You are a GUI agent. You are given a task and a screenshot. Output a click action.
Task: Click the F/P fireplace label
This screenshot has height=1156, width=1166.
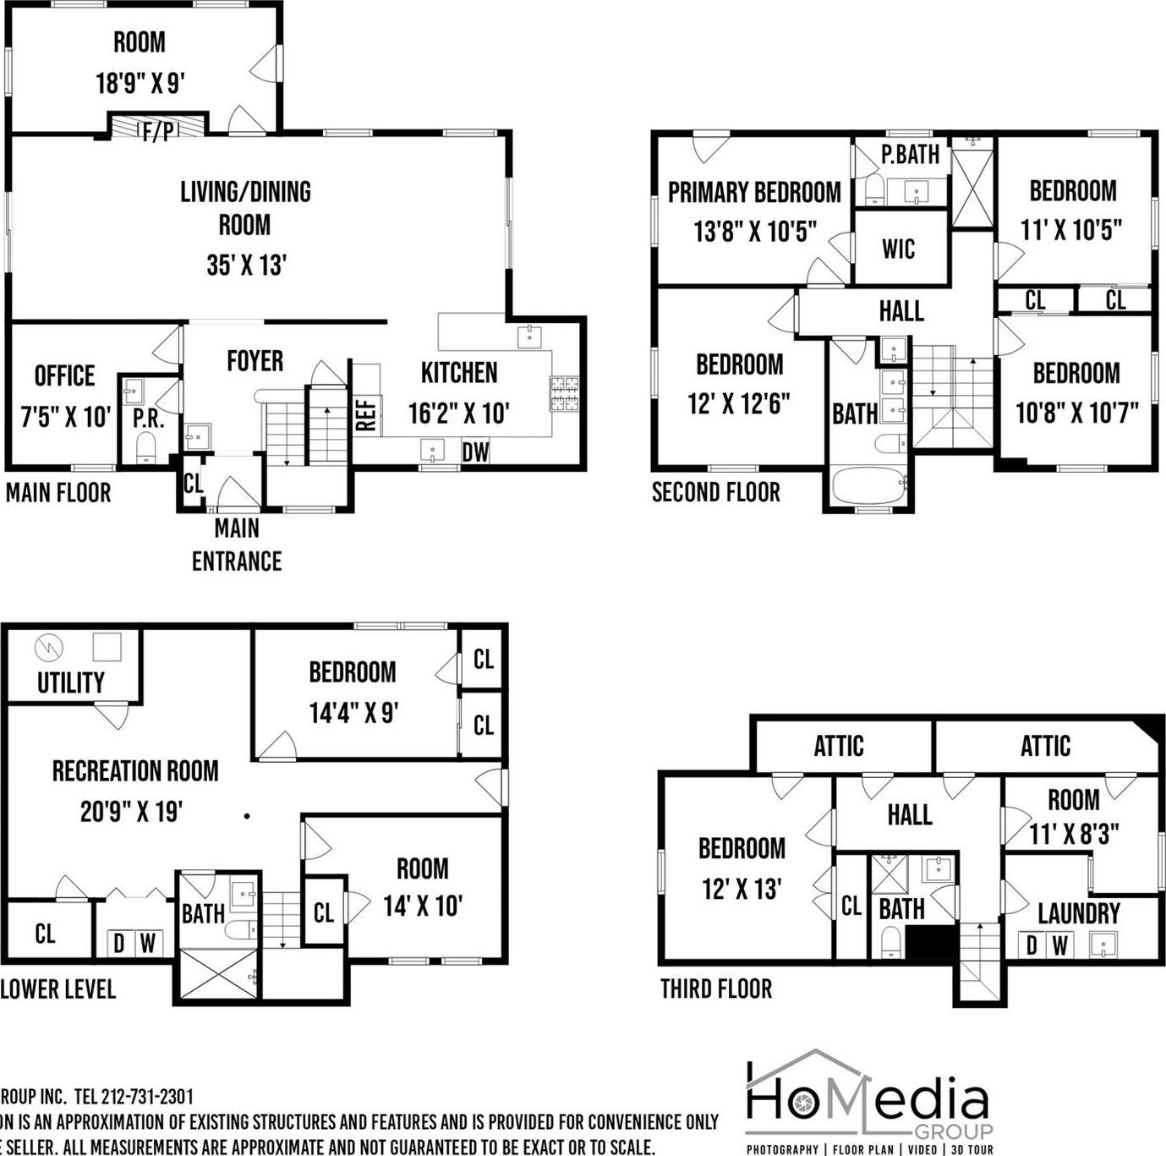click(x=158, y=130)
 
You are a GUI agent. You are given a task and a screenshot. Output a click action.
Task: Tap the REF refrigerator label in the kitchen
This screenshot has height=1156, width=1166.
click(x=366, y=414)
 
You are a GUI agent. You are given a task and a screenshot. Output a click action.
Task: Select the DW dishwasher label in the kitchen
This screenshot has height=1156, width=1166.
click(x=475, y=452)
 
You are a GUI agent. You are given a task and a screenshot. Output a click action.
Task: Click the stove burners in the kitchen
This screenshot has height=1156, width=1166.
click(x=565, y=393)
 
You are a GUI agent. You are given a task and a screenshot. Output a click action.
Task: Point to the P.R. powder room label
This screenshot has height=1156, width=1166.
click(x=148, y=419)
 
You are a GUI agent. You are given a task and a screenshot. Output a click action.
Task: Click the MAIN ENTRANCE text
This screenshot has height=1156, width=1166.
click(x=237, y=545)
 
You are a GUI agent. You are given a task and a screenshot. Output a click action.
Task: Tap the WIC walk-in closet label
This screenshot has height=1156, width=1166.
click(x=898, y=249)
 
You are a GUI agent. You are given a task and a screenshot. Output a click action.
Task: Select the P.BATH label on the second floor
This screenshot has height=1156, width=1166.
click(x=910, y=155)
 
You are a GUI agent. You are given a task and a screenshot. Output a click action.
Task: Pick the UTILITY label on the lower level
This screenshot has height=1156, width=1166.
click(x=71, y=682)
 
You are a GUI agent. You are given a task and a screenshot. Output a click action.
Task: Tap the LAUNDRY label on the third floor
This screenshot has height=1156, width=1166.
click(x=1078, y=913)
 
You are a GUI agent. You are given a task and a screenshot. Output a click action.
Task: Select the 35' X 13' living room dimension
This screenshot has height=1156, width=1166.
click(x=246, y=266)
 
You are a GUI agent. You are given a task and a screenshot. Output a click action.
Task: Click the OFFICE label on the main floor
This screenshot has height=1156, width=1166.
click(x=64, y=375)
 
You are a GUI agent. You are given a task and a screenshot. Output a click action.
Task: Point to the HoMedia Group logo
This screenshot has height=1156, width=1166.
click(x=868, y=1101)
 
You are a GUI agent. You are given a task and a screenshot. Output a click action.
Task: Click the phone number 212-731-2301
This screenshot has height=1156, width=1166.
click(x=147, y=1097)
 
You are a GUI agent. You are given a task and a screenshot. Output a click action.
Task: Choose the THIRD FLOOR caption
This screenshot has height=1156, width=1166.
click(x=715, y=989)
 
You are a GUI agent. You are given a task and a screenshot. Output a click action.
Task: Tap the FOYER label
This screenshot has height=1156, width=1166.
click(x=255, y=361)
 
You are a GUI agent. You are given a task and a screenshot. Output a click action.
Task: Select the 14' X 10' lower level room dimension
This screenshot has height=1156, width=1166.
click(x=422, y=907)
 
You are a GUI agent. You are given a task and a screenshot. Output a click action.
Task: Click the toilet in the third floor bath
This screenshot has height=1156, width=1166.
click(x=890, y=942)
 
